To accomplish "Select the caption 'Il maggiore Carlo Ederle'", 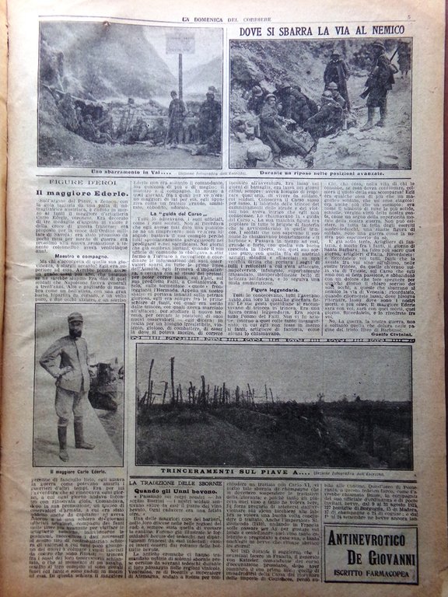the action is coord(78,471).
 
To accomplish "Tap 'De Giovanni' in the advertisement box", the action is coord(370,558).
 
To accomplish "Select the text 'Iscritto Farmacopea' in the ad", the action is coord(370,576).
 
